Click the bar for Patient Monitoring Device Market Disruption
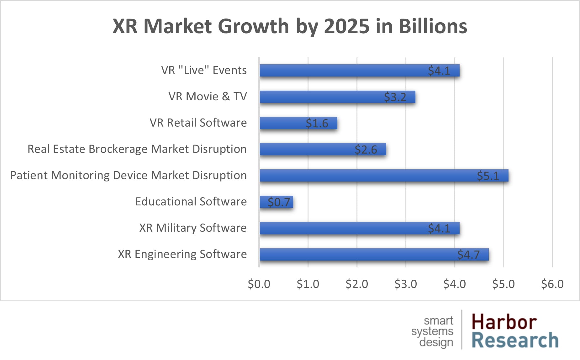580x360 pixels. (x=384, y=176)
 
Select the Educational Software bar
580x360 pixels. (x=276, y=202)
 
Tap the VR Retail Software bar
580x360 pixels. (x=298, y=123)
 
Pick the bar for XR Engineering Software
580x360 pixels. (x=374, y=254)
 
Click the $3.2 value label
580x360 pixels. (x=395, y=97)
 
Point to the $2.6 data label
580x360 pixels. (x=366, y=150)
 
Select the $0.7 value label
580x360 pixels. (x=279, y=202)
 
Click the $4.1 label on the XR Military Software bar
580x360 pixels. (x=439, y=228)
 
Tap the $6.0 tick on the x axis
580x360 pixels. (x=552, y=284)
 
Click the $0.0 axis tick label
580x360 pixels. (x=259, y=284)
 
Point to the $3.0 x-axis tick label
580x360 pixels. (x=405, y=284)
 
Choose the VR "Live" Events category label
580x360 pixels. (x=204, y=70)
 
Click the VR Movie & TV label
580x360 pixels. (x=208, y=97)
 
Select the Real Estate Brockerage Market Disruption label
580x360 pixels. (x=137, y=149)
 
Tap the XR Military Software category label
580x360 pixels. (x=193, y=228)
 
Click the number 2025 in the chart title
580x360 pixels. (x=346, y=26)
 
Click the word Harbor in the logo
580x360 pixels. (x=504, y=322)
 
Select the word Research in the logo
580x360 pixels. (x=515, y=341)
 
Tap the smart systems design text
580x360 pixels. (x=433, y=332)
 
